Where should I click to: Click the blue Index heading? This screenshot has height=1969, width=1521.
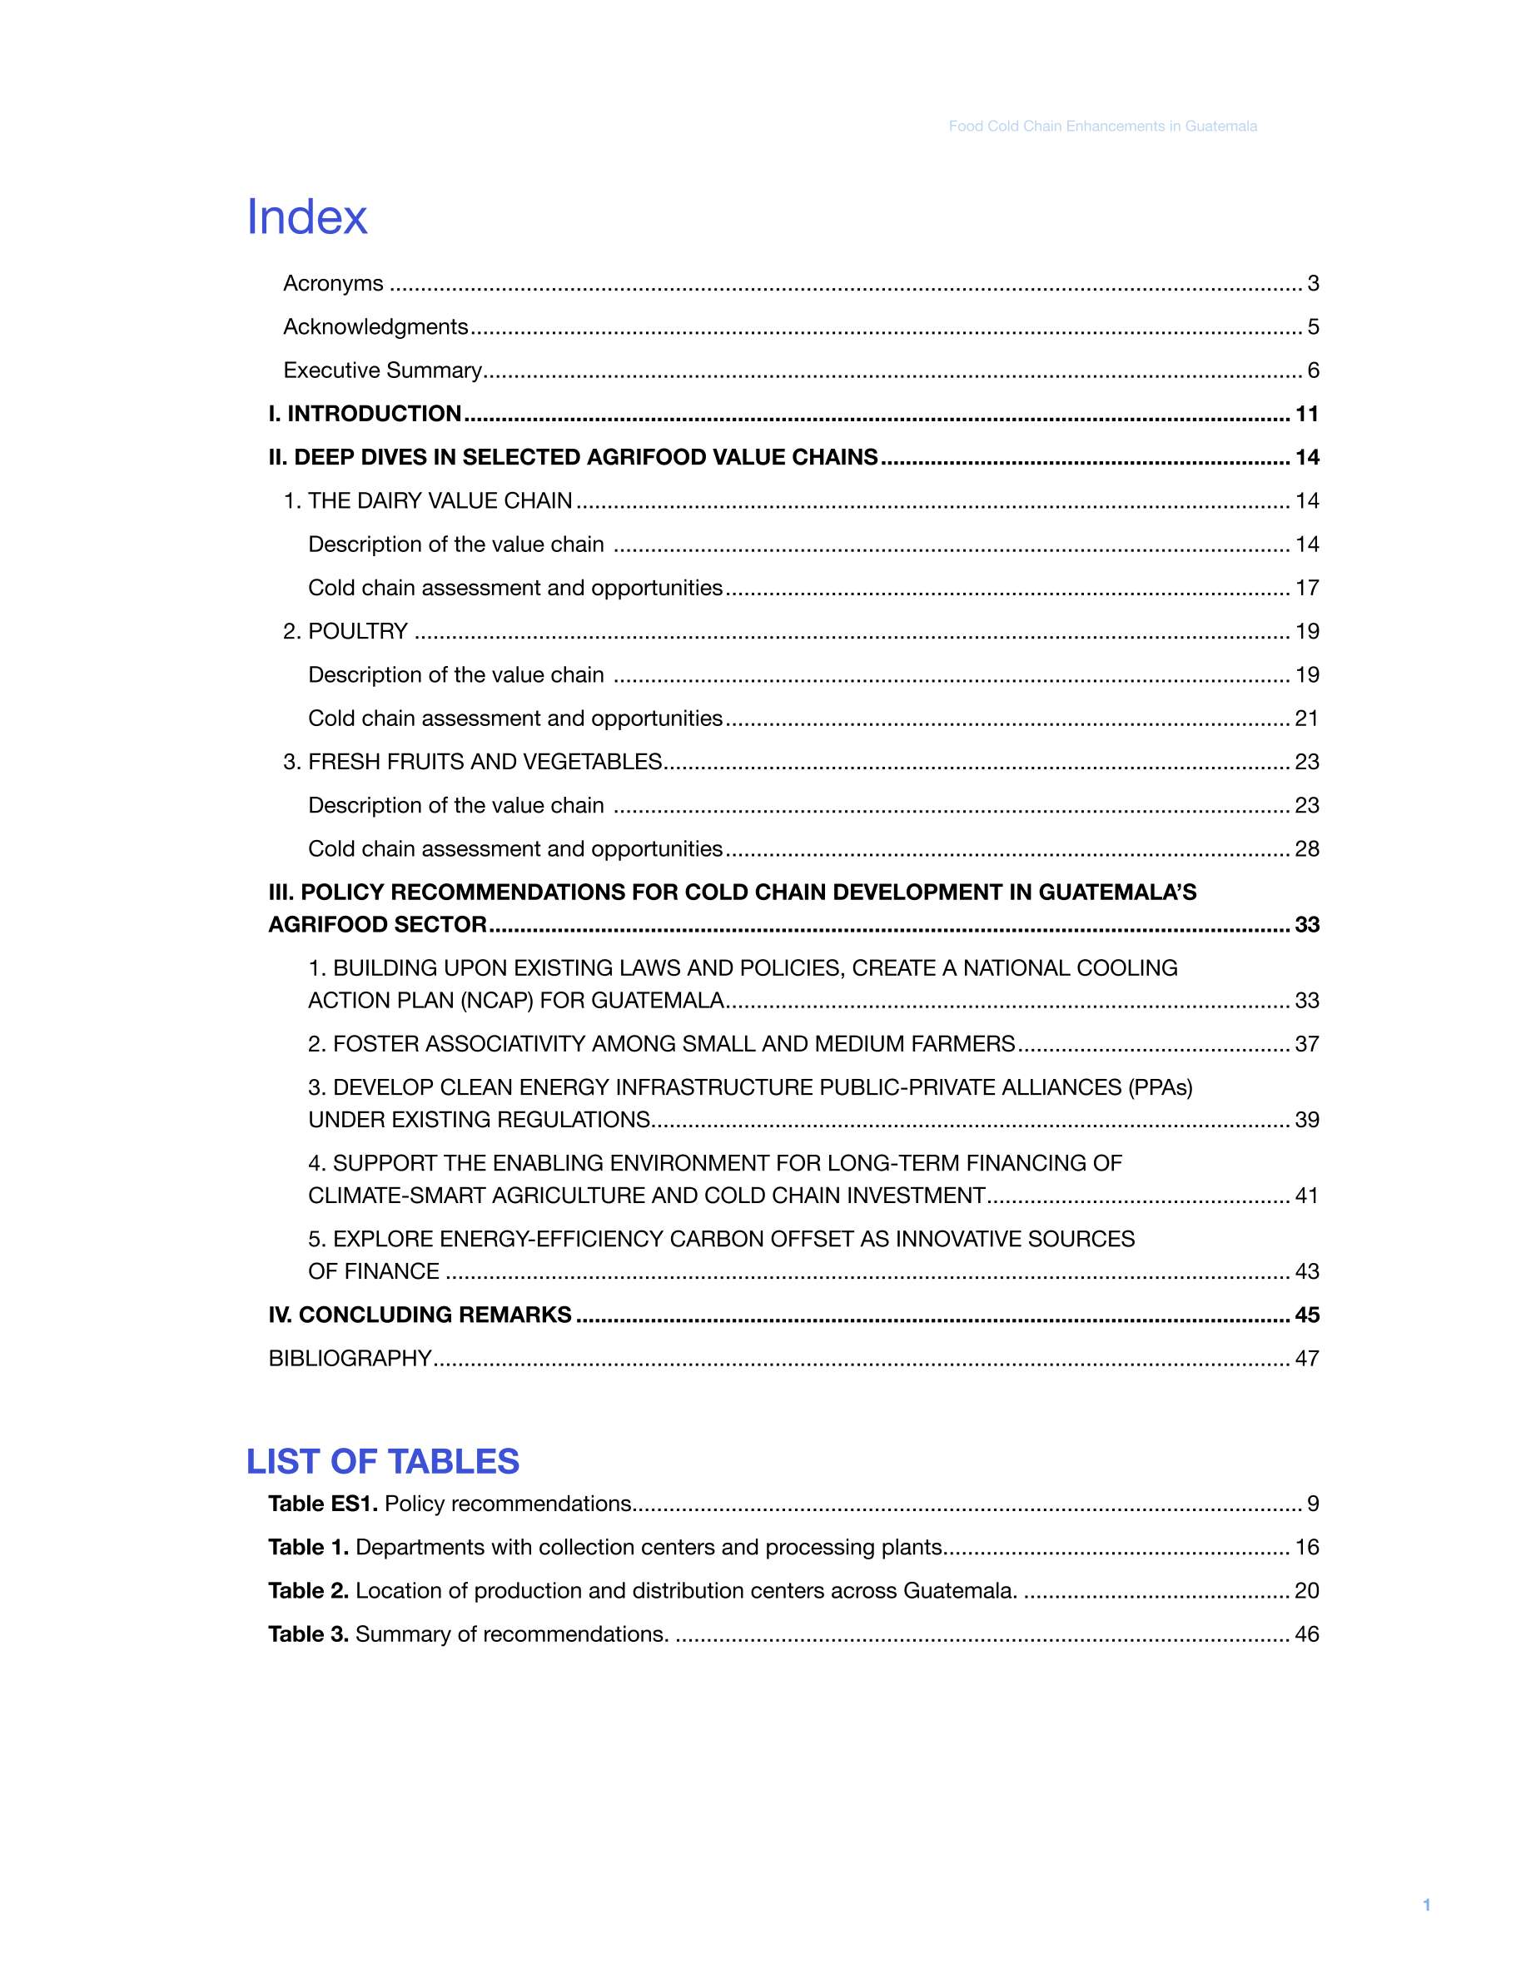(306, 217)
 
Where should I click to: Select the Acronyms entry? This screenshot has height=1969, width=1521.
(333, 283)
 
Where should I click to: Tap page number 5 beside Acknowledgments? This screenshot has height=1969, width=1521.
(1313, 326)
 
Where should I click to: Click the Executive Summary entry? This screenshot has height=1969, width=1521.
(382, 370)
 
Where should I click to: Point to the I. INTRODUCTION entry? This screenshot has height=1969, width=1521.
(365, 414)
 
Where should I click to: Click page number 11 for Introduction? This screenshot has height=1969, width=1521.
(1306, 414)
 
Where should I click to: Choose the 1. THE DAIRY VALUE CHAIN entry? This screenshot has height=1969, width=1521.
(427, 500)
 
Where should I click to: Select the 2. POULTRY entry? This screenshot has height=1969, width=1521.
(345, 631)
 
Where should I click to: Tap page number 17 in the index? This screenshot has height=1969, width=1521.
(1306, 588)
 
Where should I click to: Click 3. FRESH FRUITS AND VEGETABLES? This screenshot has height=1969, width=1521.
(472, 762)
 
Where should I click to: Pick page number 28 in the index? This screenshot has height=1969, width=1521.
(1306, 848)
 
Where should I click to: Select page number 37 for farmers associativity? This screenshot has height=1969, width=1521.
(1306, 1044)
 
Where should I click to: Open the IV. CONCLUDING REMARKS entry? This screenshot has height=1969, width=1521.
(420, 1315)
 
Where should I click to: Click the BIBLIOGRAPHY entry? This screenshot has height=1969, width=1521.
(350, 1358)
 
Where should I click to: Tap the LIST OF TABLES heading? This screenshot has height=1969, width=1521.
(382, 1461)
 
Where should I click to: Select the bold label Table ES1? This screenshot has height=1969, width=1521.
(322, 1504)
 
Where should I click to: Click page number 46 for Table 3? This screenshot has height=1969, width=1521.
(1306, 1633)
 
